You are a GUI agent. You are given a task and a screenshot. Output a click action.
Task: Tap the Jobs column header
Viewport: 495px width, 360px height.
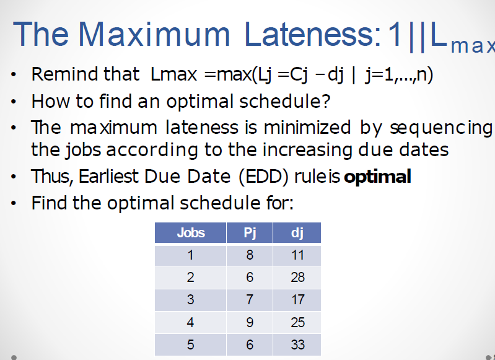tap(190, 233)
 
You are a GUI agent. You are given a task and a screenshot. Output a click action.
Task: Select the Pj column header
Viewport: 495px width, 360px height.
tap(250, 233)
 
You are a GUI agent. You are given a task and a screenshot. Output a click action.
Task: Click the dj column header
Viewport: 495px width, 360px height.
tap(297, 233)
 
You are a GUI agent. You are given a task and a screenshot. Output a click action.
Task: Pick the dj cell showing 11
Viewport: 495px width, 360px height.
tap(297, 255)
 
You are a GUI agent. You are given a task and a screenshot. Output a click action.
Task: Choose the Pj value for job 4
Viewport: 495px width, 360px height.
tap(250, 322)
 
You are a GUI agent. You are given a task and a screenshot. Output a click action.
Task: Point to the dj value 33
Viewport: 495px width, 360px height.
tap(297, 345)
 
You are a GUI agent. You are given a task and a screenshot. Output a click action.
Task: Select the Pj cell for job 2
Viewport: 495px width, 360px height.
tap(250, 277)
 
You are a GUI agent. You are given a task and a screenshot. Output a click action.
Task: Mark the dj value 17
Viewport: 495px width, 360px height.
tap(297, 299)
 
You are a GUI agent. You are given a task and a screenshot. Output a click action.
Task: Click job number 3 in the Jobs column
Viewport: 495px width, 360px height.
tap(190, 299)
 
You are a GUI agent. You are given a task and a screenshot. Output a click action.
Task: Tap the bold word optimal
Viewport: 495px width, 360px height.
tap(377, 177)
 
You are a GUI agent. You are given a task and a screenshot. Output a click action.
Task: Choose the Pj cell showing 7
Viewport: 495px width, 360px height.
tap(250, 299)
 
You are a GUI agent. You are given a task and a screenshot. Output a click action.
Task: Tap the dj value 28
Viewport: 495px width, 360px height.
tap(297, 277)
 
